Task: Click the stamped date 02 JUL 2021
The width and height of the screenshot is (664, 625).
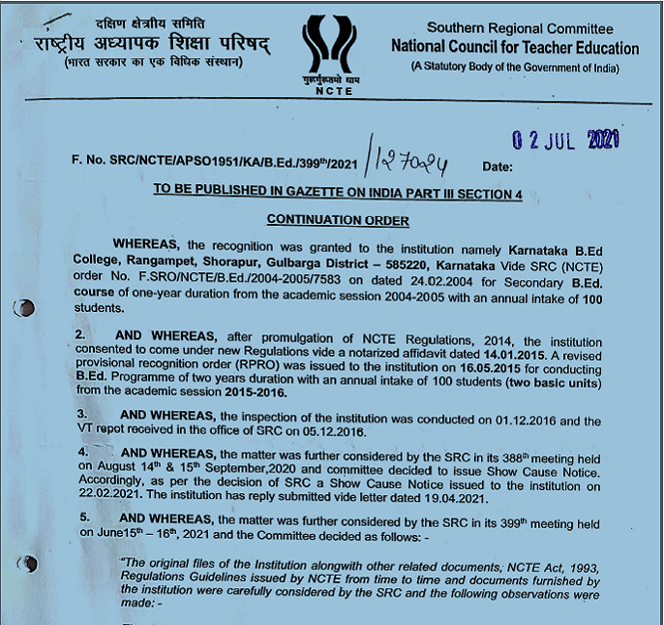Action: (x=565, y=141)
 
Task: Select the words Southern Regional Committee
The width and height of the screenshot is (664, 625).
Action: (x=520, y=28)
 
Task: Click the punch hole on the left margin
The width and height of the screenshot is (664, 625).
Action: (x=25, y=307)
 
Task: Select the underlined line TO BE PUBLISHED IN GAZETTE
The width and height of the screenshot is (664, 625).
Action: (x=338, y=195)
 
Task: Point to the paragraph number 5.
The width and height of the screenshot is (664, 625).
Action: (x=84, y=518)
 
